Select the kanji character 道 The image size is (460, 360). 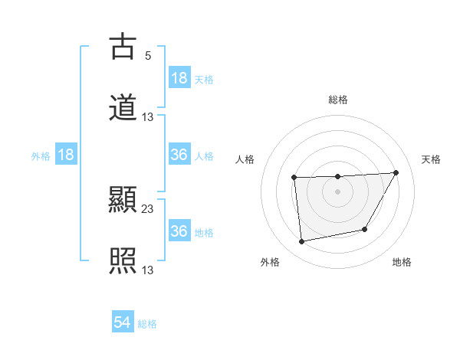(123, 107)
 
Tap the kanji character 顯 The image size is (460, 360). (123, 201)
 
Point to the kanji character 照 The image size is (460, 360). (123, 260)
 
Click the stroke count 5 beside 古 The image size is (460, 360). (147, 55)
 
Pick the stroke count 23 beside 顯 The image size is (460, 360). (148, 208)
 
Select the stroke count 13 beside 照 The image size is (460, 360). (148, 270)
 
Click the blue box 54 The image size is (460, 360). (123, 323)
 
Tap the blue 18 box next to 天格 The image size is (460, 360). (179, 78)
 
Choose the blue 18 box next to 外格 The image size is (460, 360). (66, 155)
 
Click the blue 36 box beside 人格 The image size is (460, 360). (179, 155)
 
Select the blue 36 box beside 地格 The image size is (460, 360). (179, 231)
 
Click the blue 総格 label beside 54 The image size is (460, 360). (147, 324)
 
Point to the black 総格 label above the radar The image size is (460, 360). (338, 100)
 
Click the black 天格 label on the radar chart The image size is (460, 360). (432, 159)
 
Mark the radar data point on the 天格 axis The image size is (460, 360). (396, 172)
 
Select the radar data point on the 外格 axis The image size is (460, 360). (302, 242)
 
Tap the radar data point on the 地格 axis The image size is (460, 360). (365, 229)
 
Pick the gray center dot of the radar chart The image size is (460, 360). (337, 191)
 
